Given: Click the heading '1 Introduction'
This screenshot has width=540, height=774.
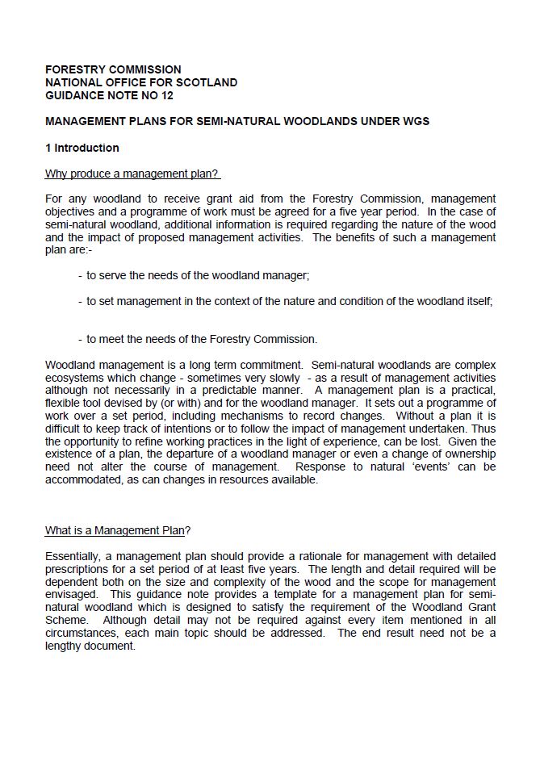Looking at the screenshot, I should [x=82, y=148].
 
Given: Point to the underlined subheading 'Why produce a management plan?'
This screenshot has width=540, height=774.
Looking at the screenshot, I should [x=133, y=174].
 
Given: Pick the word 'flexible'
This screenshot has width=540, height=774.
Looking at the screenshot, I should [x=65, y=403].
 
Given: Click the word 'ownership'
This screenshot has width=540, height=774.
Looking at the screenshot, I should [x=463, y=454].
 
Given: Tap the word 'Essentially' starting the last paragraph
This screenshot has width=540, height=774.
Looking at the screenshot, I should [x=75, y=557].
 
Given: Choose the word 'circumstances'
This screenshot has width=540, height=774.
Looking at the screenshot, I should [x=82, y=634].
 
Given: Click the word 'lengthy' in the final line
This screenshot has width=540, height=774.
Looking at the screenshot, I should [x=65, y=646].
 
